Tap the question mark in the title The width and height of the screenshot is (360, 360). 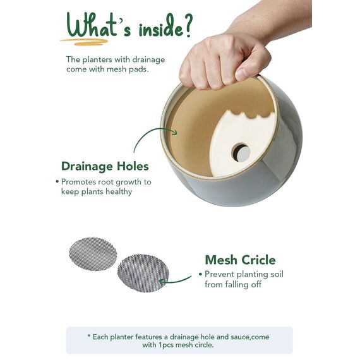click(x=188, y=25)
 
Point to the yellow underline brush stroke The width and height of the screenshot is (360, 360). click(x=84, y=42)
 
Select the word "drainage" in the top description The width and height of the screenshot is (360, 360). click(x=148, y=60)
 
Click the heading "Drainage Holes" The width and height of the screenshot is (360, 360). click(x=105, y=166)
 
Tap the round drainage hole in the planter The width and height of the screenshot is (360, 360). click(x=241, y=152)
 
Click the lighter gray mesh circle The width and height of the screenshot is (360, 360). click(x=93, y=254)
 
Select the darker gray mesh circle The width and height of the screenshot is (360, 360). click(x=143, y=273)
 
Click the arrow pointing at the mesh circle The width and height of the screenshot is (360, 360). click(x=175, y=280)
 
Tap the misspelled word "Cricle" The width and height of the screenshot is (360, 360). click(x=258, y=260)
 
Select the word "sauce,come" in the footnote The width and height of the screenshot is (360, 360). click(x=249, y=337)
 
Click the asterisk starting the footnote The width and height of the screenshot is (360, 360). click(x=89, y=336)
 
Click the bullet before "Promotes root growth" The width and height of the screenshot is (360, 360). click(x=57, y=182)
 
